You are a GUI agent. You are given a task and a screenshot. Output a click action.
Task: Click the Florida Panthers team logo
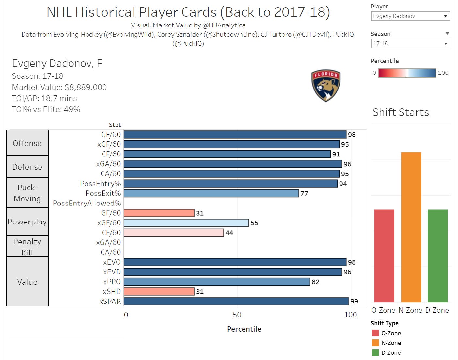point(326,85)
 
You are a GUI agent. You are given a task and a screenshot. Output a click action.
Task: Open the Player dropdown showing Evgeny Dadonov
point(410,16)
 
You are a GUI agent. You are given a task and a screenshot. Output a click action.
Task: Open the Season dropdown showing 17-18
point(410,43)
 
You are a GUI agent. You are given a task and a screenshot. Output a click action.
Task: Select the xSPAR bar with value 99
point(236,301)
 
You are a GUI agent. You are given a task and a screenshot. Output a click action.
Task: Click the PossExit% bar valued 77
point(211,193)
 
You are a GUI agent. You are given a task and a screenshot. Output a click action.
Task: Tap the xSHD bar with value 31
point(159,291)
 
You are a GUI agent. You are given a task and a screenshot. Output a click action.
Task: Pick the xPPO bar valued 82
point(216,282)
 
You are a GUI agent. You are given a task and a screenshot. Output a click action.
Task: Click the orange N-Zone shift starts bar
point(411,227)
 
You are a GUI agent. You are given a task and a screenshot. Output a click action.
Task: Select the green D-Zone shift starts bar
point(437,255)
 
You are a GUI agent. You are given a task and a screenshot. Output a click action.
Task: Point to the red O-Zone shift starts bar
point(384,255)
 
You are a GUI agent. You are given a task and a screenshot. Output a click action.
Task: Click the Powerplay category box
point(27,222)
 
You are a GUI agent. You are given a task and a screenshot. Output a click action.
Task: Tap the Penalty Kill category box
point(27,247)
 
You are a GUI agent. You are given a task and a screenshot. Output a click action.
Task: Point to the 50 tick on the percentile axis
point(237,315)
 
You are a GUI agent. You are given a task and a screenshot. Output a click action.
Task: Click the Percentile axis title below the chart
point(244,329)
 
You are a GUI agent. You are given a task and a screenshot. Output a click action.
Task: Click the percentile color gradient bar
point(407,73)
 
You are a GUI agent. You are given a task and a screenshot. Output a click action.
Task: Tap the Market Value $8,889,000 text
point(59,87)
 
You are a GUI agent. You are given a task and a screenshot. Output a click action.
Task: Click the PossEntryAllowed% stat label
point(87,203)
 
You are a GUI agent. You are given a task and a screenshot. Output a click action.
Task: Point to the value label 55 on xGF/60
point(254,223)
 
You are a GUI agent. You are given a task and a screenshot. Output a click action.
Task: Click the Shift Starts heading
point(401,112)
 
